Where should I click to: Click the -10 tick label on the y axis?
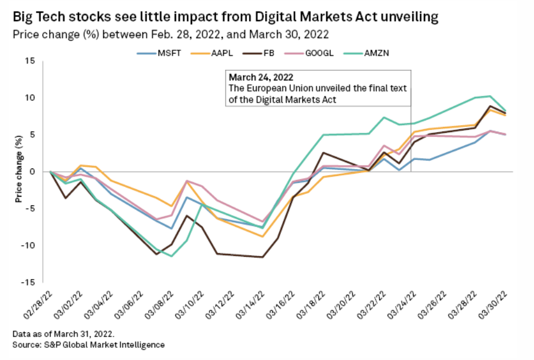point(29,246)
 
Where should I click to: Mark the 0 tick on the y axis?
point(34,172)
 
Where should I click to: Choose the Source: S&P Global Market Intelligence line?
point(88,344)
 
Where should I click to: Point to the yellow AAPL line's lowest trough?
point(262,237)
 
